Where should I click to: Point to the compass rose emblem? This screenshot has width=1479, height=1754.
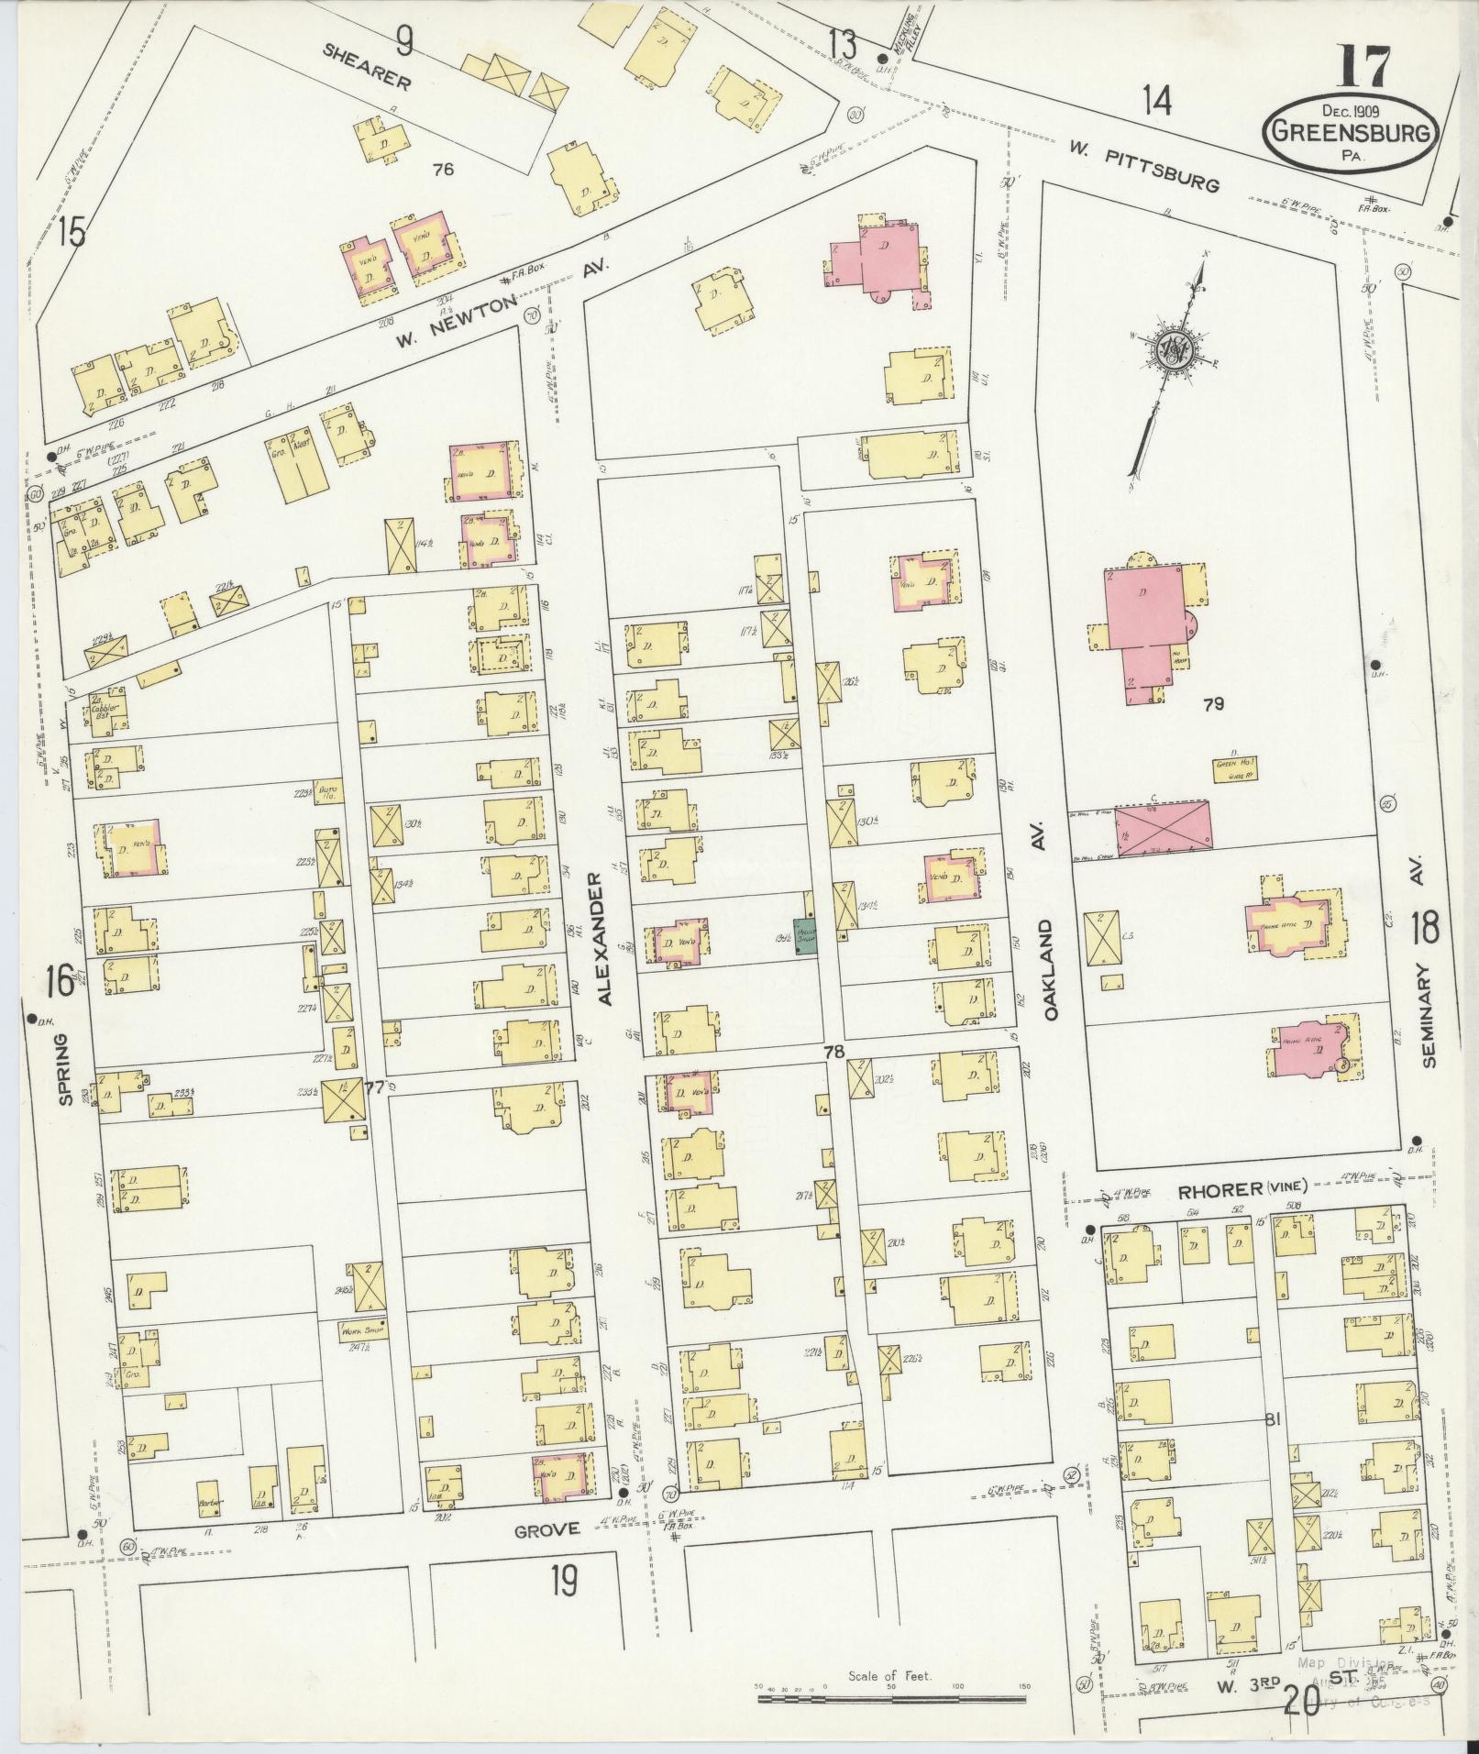click(x=1171, y=348)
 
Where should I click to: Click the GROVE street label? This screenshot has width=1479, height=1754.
click(x=546, y=1528)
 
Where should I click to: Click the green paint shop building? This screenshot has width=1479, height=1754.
click(x=805, y=935)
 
